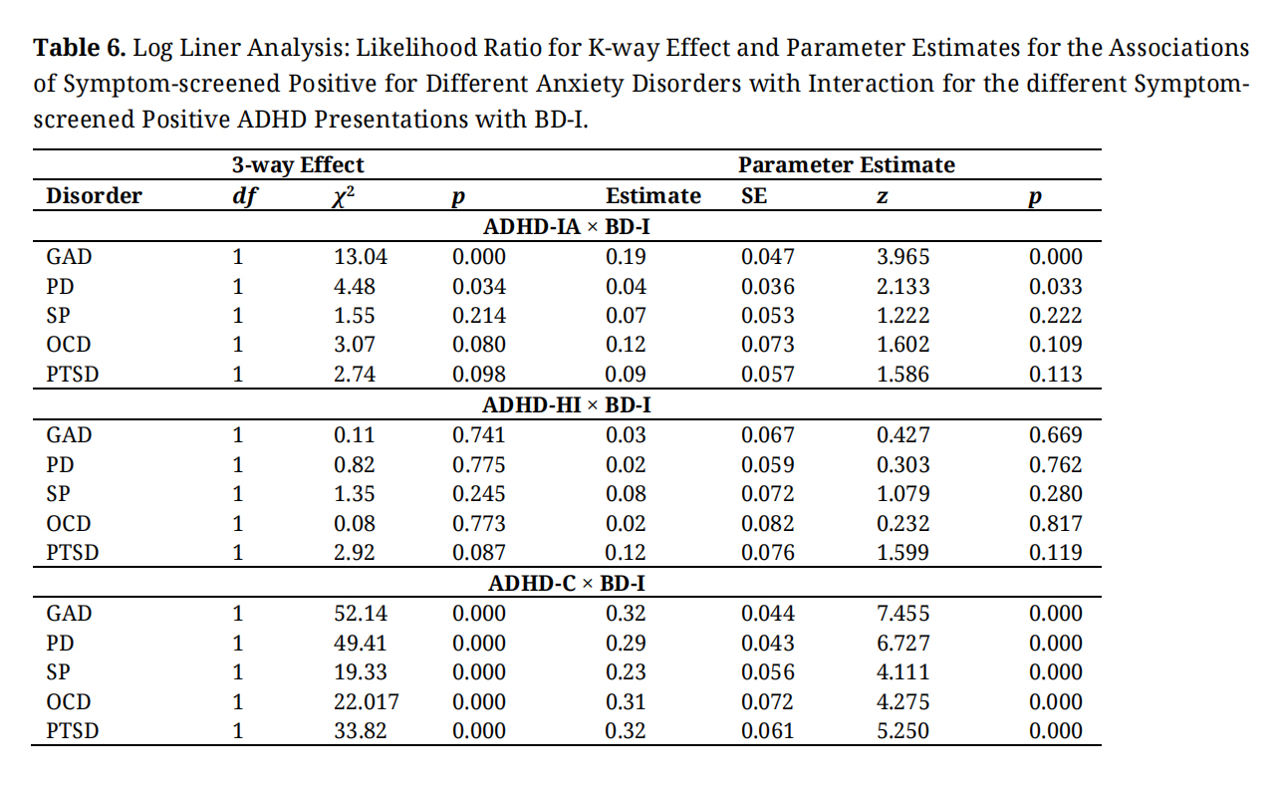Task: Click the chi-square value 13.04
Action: (361, 256)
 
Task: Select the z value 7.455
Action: (903, 614)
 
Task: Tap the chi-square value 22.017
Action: (367, 701)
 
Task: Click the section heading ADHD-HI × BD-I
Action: (567, 405)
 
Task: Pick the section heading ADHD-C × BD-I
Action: (567, 584)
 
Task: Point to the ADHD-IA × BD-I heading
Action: (567, 227)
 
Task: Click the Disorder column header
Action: (94, 195)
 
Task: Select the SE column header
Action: (754, 195)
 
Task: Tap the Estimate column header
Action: (653, 195)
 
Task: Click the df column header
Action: (244, 196)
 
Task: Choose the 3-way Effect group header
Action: (298, 164)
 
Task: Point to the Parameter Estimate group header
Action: (847, 164)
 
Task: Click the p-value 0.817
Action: (1055, 524)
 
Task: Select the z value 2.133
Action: (903, 287)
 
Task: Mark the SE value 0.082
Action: (767, 524)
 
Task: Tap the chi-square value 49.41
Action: (361, 644)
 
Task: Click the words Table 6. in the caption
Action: (80, 48)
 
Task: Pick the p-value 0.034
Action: (479, 287)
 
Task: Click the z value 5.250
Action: (903, 731)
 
